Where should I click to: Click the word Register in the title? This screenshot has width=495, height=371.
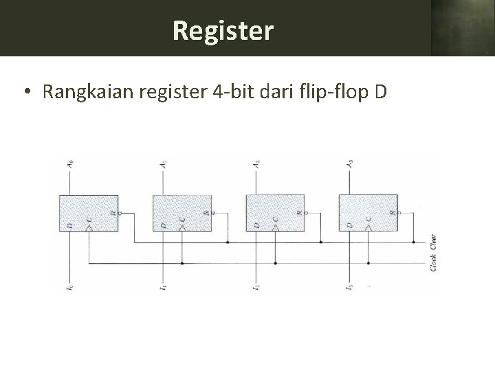point(223,30)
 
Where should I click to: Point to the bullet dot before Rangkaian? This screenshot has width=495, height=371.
point(25,92)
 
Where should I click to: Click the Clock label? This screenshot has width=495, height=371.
point(433,263)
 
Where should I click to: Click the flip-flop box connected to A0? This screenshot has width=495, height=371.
point(89,212)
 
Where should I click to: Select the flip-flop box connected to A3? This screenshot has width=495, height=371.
point(368,212)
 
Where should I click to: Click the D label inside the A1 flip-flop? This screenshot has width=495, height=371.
point(164,225)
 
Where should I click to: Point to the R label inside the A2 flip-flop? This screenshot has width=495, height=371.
point(298,213)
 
